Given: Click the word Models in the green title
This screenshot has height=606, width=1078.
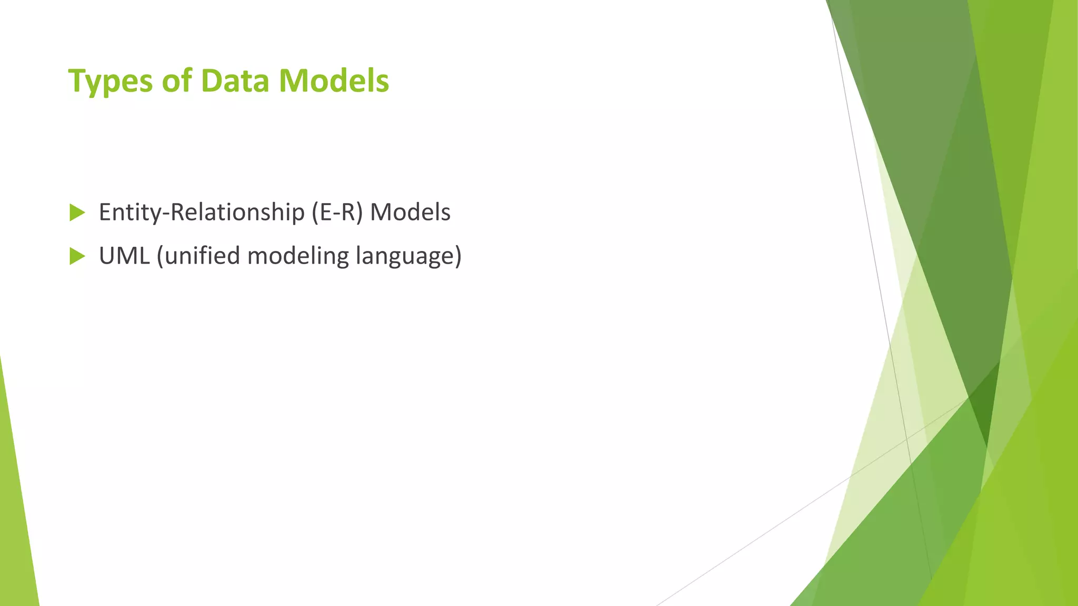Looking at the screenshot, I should click(334, 82).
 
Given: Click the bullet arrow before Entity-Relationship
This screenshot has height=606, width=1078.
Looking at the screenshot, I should click(77, 213).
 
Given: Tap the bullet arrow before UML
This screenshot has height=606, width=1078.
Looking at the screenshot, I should click(77, 257).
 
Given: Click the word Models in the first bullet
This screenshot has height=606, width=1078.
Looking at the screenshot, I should click(410, 213).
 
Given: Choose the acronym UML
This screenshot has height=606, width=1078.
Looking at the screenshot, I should click(124, 256).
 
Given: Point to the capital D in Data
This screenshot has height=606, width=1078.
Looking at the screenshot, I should click(211, 82).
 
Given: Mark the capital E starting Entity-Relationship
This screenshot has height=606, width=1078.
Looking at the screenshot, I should click(105, 213).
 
